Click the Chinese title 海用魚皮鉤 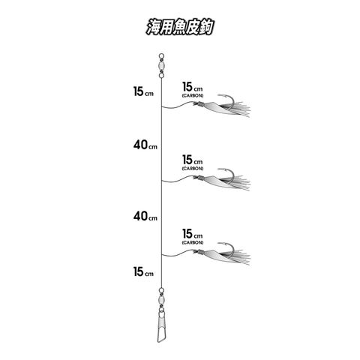click(180, 27)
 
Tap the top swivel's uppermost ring click(161, 56)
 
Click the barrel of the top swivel click(161, 66)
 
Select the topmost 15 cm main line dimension click(143, 91)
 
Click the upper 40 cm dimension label click(145, 145)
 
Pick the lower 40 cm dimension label click(145, 216)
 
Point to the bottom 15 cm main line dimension click(143, 271)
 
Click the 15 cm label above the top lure click(193, 87)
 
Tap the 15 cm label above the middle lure click(193, 160)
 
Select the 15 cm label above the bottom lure click(193, 234)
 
